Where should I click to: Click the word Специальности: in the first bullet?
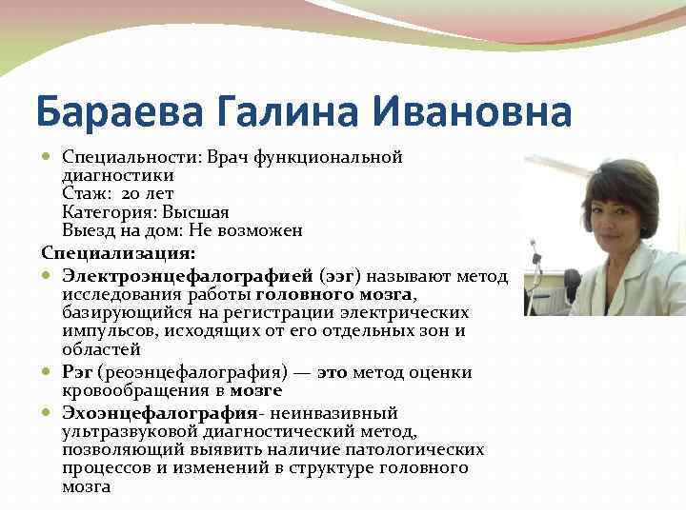click(120, 156)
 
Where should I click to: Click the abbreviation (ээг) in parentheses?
click(340, 276)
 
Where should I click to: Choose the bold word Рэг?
click(78, 371)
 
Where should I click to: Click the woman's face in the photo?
click(618, 214)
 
